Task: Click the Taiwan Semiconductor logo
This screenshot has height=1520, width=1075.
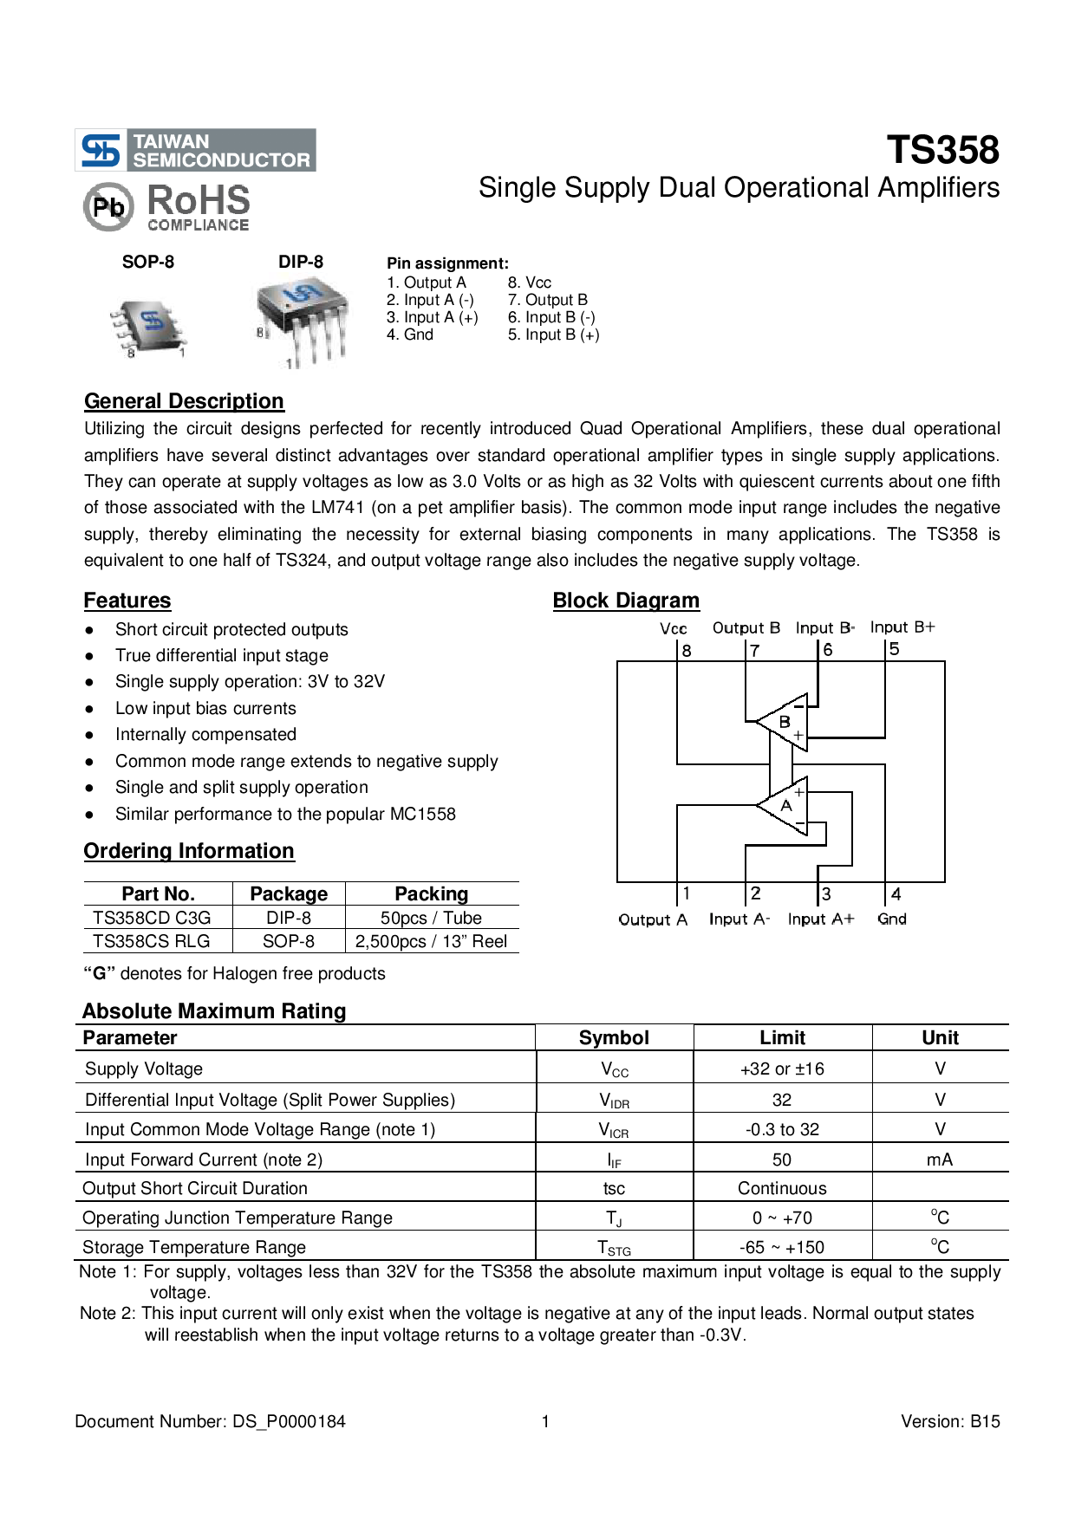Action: (x=196, y=151)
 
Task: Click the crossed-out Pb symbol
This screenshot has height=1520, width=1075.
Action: (x=108, y=207)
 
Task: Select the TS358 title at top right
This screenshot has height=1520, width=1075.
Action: (x=942, y=150)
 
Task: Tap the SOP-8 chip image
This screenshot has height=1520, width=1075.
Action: (x=149, y=326)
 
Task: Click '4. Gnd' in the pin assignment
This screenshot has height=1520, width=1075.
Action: (x=410, y=335)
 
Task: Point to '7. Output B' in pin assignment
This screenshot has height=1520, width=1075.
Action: (x=547, y=300)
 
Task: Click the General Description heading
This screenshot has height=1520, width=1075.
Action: (x=184, y=401)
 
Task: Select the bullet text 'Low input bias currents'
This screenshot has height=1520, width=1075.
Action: (x=205, y=709)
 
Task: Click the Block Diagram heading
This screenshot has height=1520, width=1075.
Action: (x=626, y=601)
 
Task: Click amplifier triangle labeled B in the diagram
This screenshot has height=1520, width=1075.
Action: (x=783, y=721)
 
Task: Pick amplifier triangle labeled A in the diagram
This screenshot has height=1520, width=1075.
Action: (x=785, y=805)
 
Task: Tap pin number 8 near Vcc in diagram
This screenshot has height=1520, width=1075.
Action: (x=687, y=651)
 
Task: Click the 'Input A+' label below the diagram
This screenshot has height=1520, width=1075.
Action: (x=820, y=919)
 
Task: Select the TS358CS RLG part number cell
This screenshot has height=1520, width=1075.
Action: (x=152, y=941)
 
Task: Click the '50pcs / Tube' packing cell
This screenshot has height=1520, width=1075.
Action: (x=431, y=918)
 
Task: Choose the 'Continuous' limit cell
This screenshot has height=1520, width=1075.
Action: (x=782, y=1188)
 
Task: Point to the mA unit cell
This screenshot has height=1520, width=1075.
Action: (x=940, y=1159)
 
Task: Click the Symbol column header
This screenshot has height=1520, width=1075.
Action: (x=614, y=1037)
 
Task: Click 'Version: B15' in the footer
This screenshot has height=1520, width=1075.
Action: (x=950, y=1421)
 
